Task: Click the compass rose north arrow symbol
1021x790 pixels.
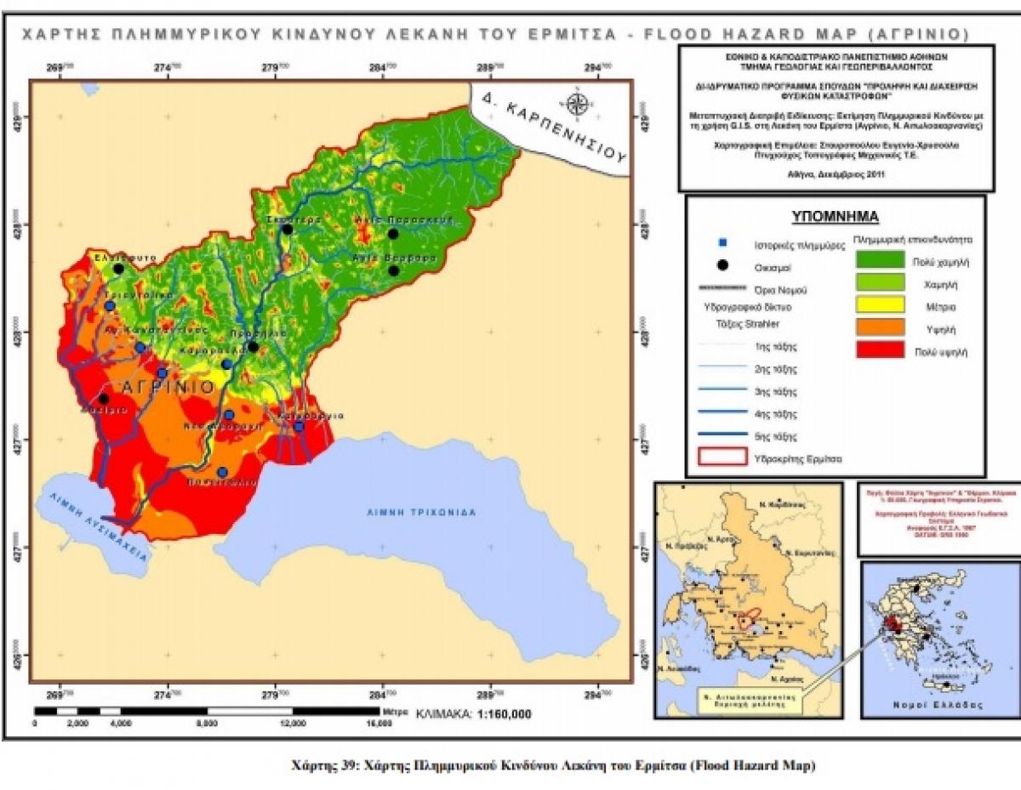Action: [x=578, y=103]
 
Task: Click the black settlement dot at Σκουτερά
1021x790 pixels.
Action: [x=288, y=230]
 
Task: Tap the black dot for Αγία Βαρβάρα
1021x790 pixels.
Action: [x=393, y=270]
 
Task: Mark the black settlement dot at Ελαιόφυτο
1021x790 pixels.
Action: [x=118, y=269]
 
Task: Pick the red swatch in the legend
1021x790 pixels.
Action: [x=880, y=350]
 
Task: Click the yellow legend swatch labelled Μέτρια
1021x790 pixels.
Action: [x=880, y=305]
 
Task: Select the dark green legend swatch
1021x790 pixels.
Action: [x=880, y=261]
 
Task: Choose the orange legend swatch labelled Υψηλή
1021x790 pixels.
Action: [x=880, y=327]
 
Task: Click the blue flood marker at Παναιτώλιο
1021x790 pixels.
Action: [x=222, y=472]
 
